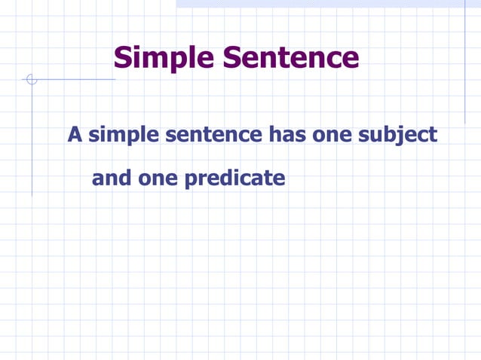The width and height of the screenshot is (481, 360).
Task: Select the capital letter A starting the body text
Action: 75,135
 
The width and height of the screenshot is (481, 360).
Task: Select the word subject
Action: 399,136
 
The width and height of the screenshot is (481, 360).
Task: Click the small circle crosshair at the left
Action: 31,79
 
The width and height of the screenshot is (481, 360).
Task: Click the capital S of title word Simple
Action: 122,58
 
